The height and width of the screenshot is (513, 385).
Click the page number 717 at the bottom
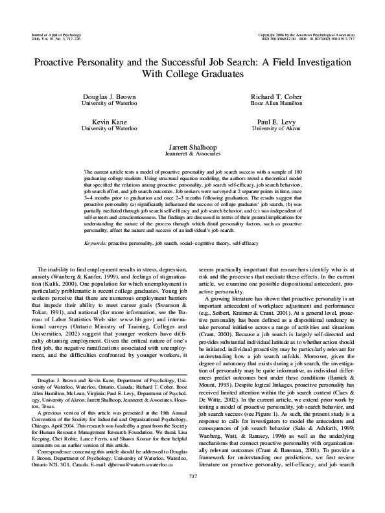192,495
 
